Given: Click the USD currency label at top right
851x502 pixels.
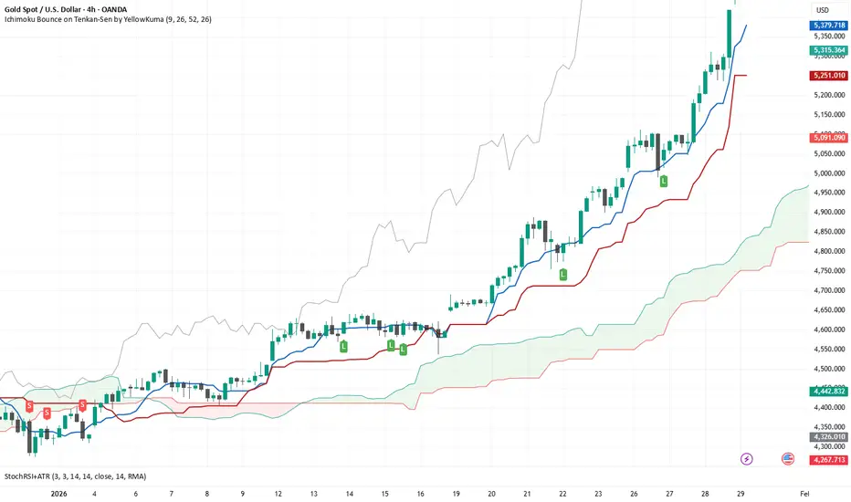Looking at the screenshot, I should [822, 10].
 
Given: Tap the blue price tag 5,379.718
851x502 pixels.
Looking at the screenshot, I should [829, 26].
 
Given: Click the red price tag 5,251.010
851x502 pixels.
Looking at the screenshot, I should [829, 76].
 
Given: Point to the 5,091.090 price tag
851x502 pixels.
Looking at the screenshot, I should [829, 137].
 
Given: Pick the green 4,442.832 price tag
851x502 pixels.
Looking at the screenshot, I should [829, 391].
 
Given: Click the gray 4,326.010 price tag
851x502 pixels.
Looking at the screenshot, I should [829, 436].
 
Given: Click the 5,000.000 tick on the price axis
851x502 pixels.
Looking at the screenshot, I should [828, 173].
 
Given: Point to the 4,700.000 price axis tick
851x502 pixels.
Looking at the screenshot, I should [828, 290].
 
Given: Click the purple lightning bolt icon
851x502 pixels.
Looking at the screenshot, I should [748, 458].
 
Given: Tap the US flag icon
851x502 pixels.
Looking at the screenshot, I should [788, 458].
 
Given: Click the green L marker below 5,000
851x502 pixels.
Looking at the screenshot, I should [664, 181].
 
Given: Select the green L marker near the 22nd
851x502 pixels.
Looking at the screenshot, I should [562, 273].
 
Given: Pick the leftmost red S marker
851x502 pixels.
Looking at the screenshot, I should [30, 404].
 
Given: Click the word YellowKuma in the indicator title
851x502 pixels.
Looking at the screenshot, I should [138, 19].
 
